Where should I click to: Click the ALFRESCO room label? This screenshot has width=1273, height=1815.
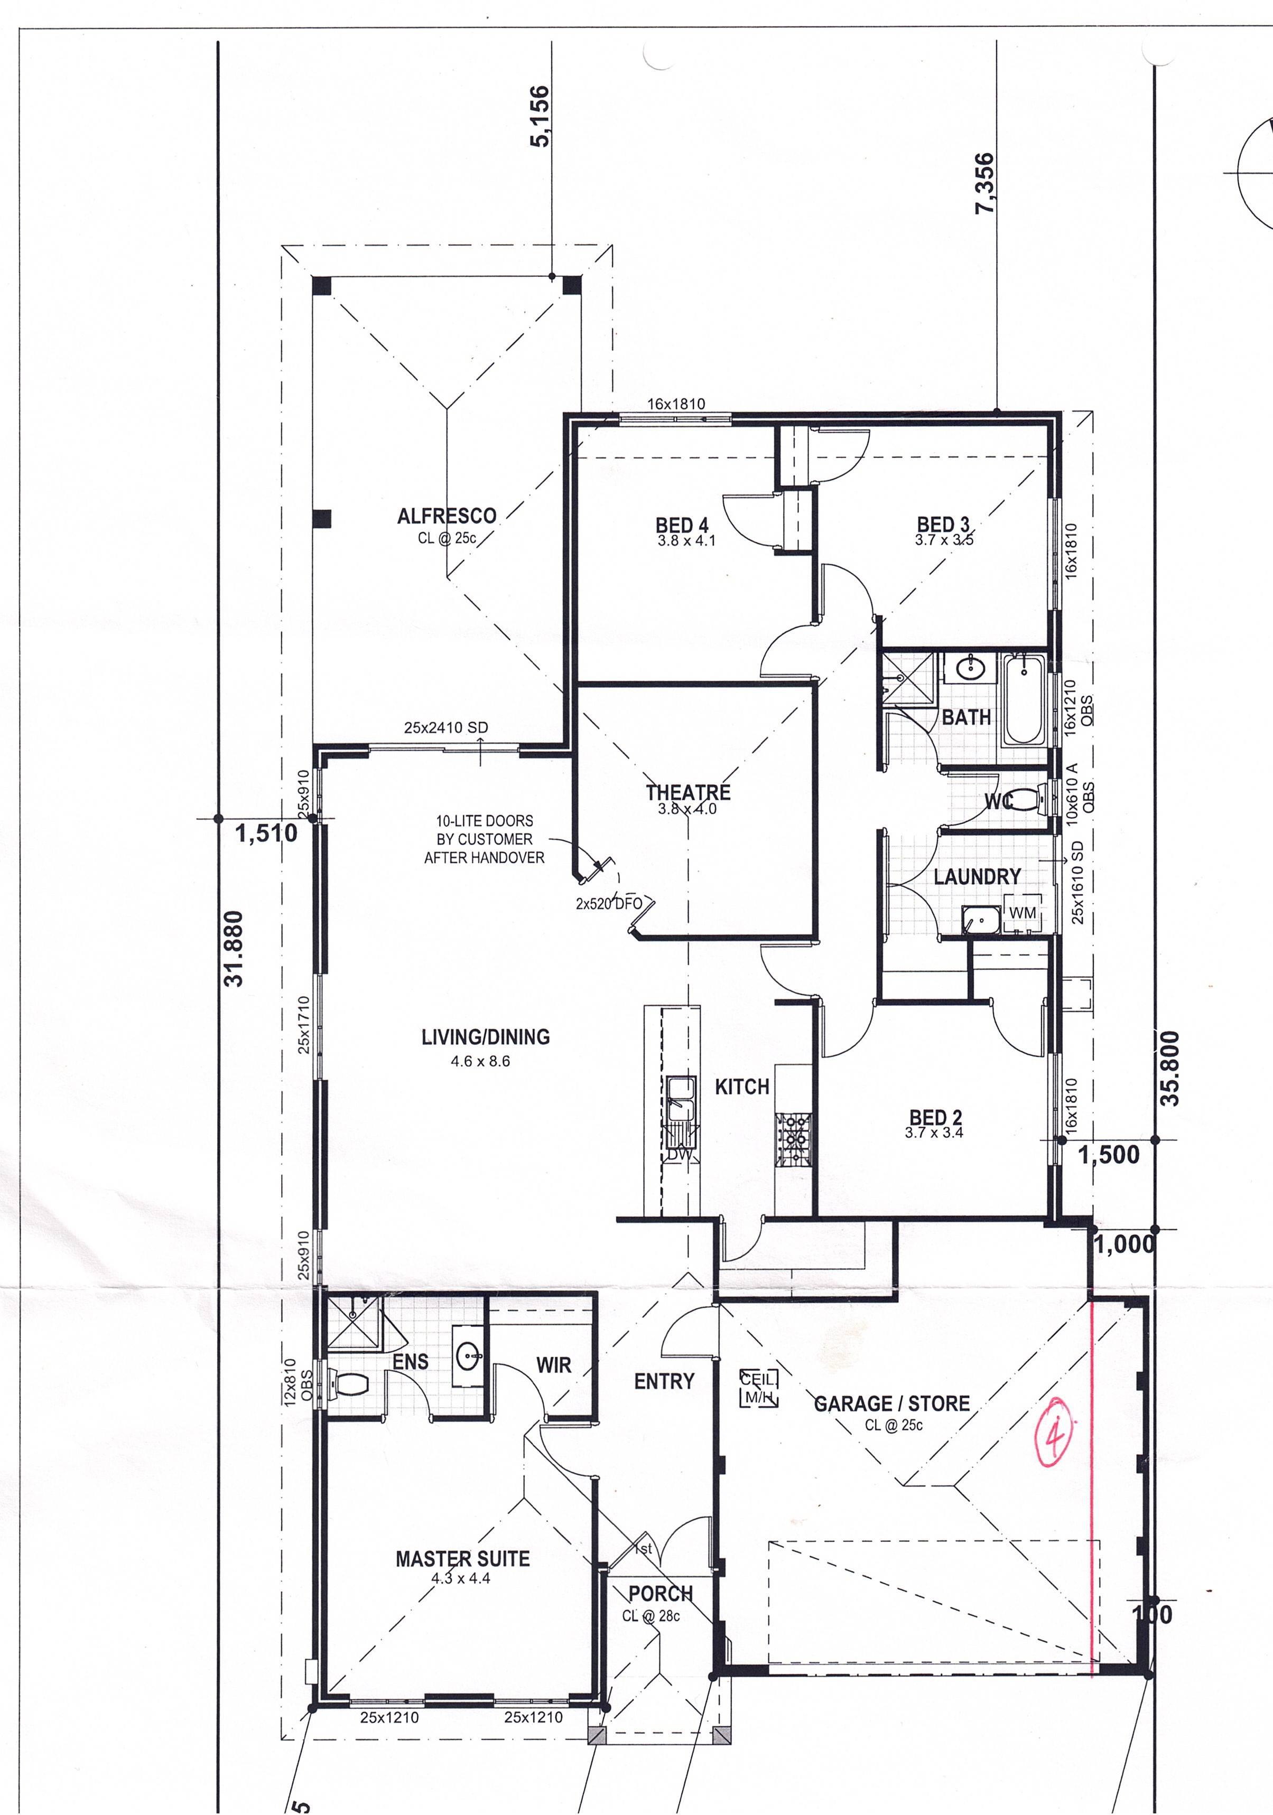447,516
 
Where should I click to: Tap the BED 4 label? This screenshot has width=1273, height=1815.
682,525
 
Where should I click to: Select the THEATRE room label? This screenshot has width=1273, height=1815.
688,792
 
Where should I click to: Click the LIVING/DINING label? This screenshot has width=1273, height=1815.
486,1036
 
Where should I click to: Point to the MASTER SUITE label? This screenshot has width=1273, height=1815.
462,1558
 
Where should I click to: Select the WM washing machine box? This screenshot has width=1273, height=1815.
1023,913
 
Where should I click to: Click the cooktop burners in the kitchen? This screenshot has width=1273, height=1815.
793,1140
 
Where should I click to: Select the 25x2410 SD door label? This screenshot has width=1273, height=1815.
446,727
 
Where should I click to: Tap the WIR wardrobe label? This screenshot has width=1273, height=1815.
553,1364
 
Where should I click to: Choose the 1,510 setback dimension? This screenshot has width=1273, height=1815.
266,832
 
